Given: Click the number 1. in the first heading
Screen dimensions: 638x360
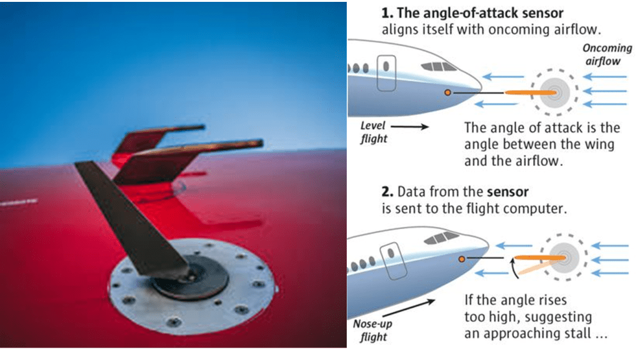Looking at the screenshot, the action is point(387,13).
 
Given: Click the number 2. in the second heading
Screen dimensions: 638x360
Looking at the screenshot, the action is point(387,192).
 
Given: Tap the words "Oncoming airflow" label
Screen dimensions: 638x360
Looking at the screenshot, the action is point(607,54).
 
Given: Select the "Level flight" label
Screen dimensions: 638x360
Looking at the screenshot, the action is point(374,132).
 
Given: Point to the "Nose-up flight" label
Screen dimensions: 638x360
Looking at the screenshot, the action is point(373,330).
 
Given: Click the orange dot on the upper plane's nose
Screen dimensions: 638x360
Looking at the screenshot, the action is point(448,93).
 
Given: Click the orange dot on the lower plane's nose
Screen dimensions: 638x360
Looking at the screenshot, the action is point(462,259).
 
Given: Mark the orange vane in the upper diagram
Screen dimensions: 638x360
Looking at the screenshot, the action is point(531,93).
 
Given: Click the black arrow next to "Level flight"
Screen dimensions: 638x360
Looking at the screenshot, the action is point(410,127).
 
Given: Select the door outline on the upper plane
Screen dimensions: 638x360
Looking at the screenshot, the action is point(386,73).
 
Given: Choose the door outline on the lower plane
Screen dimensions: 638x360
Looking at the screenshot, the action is point(394,261).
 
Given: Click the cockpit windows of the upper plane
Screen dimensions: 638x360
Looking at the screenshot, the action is point(438,67).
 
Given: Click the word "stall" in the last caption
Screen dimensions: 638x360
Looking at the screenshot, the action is point(578,334).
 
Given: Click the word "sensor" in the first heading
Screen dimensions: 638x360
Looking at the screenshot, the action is point(543,14).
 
